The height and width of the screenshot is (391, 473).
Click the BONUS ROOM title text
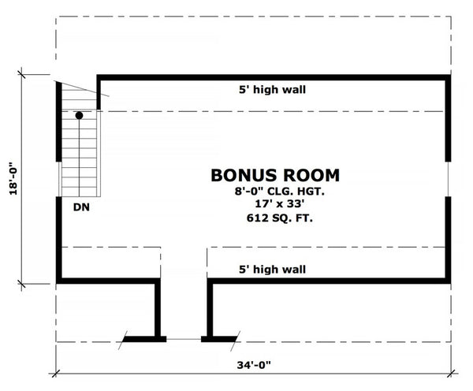275,175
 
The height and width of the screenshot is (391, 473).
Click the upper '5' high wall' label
273,90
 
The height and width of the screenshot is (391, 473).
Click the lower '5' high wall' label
273,269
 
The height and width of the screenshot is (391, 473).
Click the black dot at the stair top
79,116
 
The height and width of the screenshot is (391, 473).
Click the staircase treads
81,158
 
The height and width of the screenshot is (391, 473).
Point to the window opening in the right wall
448,179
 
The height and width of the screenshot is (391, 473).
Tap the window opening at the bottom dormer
184,339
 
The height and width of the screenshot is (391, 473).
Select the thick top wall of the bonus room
273,76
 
